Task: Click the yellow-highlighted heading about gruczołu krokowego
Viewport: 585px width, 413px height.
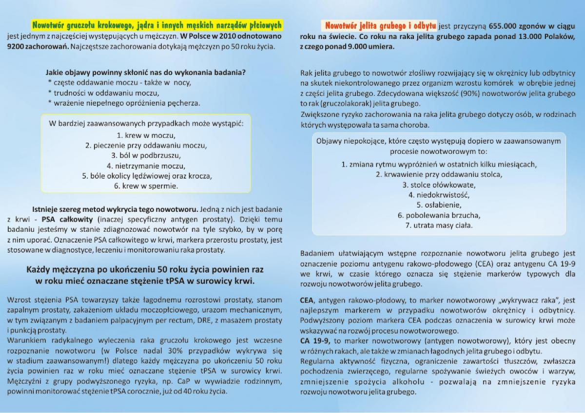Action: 156,24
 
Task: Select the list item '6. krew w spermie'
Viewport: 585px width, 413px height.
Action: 146,186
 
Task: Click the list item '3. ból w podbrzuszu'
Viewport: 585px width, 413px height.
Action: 146,155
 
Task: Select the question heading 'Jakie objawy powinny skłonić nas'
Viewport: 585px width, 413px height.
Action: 145,72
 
